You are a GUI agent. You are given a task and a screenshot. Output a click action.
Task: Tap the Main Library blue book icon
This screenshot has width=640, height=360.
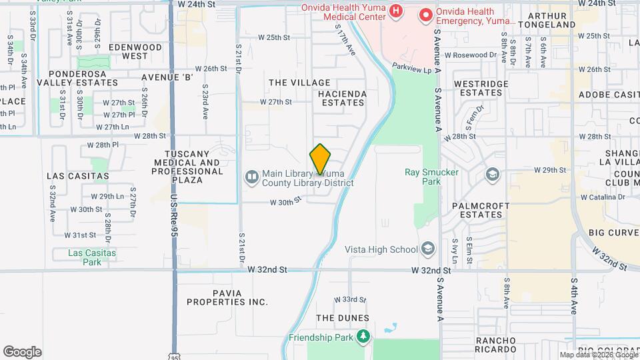tap(252, 177)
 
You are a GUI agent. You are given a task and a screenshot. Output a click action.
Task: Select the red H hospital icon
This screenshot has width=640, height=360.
tap(396, 11)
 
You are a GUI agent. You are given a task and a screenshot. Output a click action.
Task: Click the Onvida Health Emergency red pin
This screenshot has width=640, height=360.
tap(425, 13)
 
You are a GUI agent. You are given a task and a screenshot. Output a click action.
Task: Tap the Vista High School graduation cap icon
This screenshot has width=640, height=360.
tap(427, 249)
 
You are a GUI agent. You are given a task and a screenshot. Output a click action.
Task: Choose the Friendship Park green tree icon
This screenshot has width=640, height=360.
tap(363, 337)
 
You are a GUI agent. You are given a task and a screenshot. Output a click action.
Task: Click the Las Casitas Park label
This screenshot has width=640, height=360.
tap(92, 257)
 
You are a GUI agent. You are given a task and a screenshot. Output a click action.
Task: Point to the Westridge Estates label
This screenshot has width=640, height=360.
tap(481, 88)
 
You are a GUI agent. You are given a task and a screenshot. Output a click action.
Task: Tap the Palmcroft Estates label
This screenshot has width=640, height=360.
tap(481, 210)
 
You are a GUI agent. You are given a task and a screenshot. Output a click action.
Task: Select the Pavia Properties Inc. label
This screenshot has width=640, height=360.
tap(227, 297)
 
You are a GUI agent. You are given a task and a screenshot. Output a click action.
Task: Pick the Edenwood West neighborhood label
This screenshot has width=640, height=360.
tap(135, 52)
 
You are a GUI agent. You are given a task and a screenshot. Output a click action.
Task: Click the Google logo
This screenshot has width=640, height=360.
tap(22, 351)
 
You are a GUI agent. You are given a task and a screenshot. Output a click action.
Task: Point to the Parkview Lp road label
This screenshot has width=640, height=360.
tap(411, 67)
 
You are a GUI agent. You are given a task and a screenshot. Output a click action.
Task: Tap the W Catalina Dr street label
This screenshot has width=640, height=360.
tap(603, 197)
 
